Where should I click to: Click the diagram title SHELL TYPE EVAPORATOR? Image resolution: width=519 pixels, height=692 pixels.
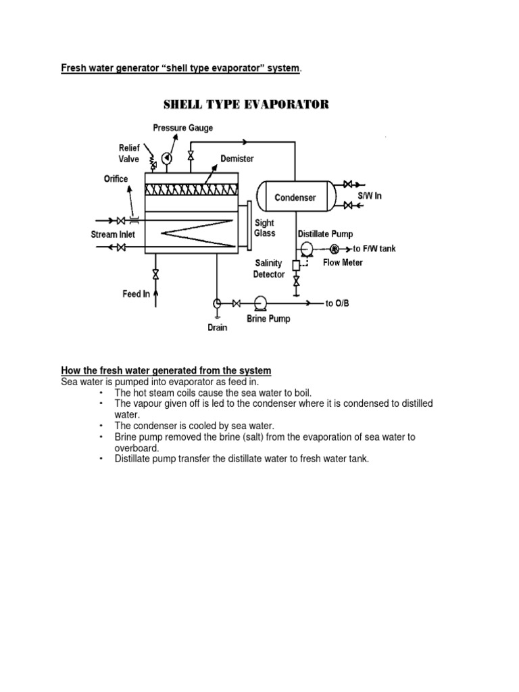(x=245, y=105)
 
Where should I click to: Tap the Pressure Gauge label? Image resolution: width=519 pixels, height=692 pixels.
(x=182, y=127)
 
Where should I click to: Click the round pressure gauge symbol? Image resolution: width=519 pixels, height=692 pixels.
(x=168, y=157)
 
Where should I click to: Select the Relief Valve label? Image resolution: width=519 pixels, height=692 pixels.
(x=129, y=153)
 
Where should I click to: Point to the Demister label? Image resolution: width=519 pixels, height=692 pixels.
(x=237, y=158)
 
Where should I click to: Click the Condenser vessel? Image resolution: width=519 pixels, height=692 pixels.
(x=295, y=198)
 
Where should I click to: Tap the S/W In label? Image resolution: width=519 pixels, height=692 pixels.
(x=370, y=196)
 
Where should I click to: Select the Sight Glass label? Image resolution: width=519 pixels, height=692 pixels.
(x=264, y=228)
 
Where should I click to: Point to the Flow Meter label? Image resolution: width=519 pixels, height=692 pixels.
(x=342, y=262)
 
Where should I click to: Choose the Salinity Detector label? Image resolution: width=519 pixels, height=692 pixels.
(x=269, y=269)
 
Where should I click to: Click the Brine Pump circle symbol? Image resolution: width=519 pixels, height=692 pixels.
(x=259, y=303)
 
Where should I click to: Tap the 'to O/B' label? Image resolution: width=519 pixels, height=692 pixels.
(x=339, y=304)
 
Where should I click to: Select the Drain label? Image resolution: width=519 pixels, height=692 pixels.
(x=217, y=328)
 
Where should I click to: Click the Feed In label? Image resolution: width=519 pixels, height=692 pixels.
(x=136, y=294)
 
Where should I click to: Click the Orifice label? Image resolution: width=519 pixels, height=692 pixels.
(x=116, y=179)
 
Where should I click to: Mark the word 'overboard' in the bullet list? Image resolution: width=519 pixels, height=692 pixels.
(x=137, y=447)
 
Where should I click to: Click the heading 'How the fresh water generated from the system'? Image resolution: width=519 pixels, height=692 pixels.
(x=166, y=371)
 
